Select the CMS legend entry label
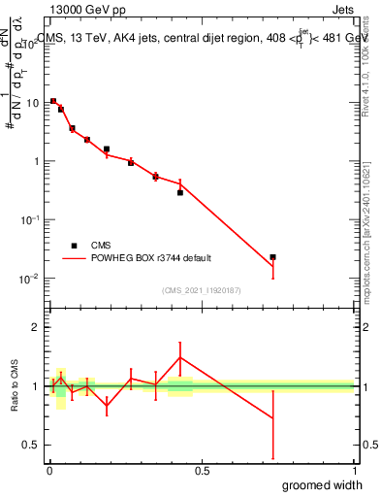click(x=101, y=246)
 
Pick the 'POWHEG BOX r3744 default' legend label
click(x=151, y=258)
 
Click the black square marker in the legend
click(x=74, y=246)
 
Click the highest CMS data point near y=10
click(x=53, y=101)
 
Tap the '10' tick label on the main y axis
click(x=32, y=102)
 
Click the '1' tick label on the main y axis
click(x=35, y=161)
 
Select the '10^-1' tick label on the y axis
click(x=29, y=219)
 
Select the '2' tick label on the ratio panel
click(x=35, y=327)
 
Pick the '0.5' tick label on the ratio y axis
click(x=31, y=445)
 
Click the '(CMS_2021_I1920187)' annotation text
click(x=202, y=289)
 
